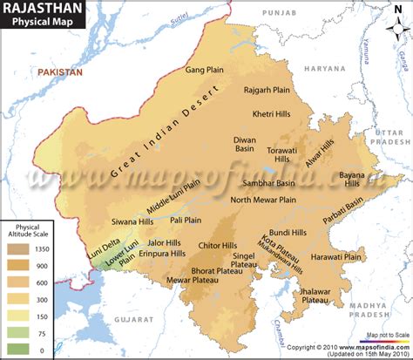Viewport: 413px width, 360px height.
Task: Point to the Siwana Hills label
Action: pyautogui.click(x=134, y=221)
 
